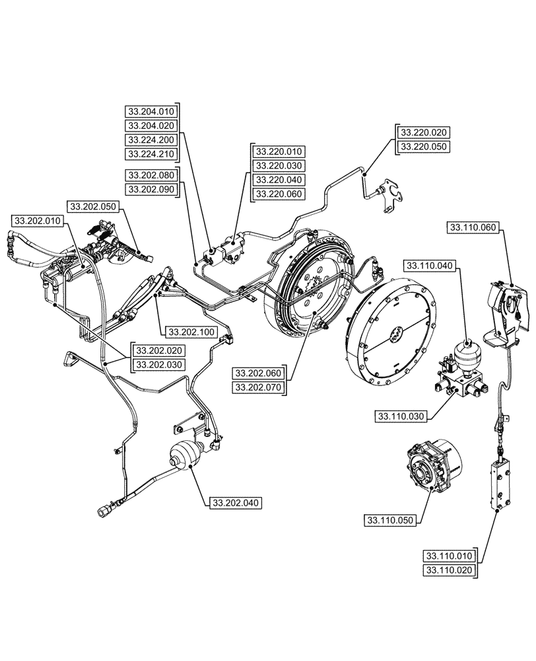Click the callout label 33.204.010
151,111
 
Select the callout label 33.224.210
151,155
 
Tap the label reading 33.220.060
279,194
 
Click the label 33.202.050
92,206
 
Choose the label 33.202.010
38,220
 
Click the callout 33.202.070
257,388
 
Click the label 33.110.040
428,266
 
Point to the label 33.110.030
401,416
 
